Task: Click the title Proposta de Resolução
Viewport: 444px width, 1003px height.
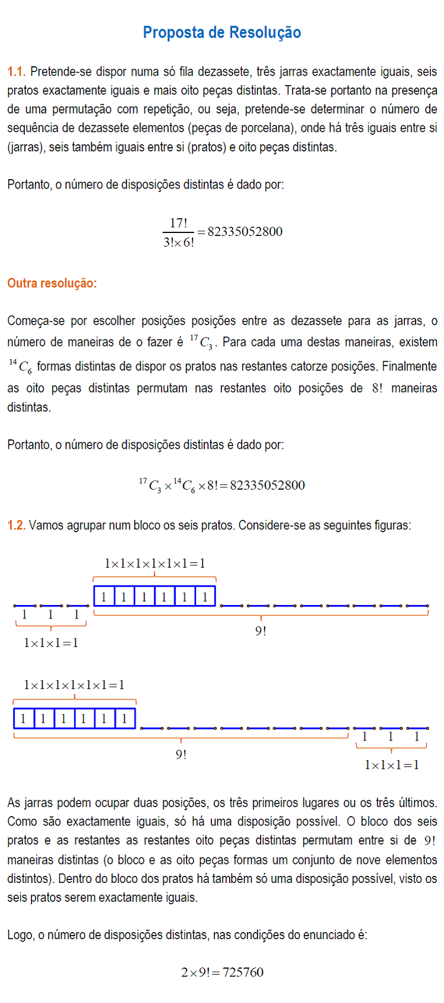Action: click(222, 33)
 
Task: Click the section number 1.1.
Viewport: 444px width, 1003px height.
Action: click(16, 72)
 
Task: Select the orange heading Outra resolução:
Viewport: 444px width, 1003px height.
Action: click(52, 283)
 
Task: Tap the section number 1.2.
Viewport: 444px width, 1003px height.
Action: click(16, 525)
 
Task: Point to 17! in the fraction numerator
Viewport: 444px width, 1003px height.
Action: click(178, 223)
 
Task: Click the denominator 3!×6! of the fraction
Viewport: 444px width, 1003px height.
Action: click(178, 242)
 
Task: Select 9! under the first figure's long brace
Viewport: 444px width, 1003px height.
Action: click(260, 631)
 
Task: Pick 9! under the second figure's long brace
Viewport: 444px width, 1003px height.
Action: click(181, 755)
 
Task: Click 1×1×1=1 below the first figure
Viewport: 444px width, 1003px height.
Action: click(51, 643)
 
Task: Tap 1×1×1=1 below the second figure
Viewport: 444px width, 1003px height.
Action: click(391, 765)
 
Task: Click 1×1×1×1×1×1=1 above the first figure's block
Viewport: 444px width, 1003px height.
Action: click(155, 564)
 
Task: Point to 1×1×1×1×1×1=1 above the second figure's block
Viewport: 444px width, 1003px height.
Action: click(74, 685)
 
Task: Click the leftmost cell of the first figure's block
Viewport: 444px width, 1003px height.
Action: click(104, 597)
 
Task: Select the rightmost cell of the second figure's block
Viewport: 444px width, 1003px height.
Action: click(124, 719)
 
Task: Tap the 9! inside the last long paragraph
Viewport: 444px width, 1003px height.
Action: click(430, 840)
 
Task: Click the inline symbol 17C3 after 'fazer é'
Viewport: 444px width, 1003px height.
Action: click(201, 342)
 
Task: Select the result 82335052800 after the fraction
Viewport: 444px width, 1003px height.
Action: click(245, 232)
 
